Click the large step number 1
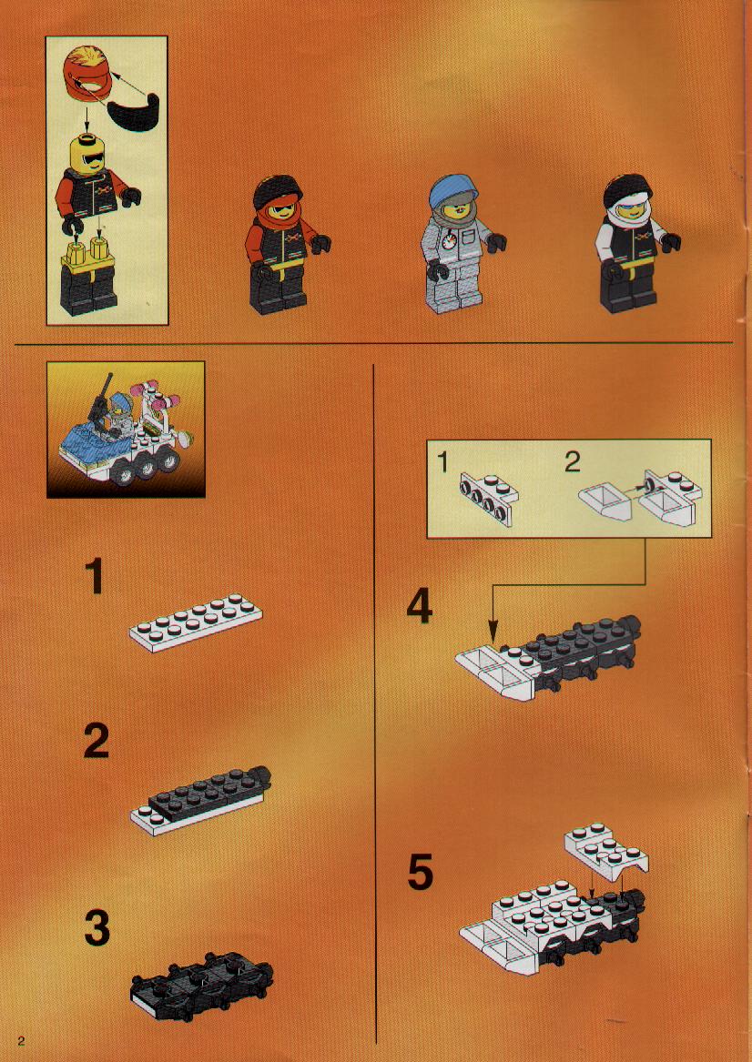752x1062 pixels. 95,576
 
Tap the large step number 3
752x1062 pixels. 97,928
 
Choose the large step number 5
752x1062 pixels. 420,873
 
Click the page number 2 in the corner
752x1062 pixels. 21,1041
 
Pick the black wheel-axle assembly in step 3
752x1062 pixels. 202,984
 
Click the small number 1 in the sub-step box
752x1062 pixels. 443,462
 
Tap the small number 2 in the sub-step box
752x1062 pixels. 573,462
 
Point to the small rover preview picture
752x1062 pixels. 126,429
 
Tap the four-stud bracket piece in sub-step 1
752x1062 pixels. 488,500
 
